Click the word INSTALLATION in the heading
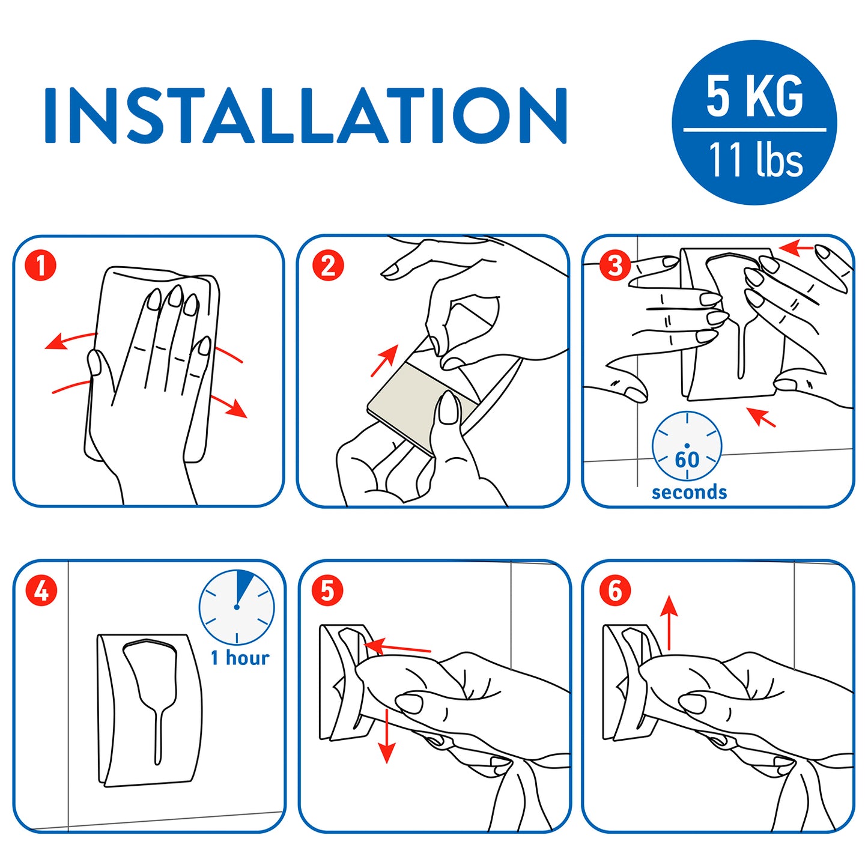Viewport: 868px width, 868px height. (x=305, y=115)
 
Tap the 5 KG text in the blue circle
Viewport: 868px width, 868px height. (x=754, y=96)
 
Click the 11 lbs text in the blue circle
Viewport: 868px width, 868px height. (x=756, y=159)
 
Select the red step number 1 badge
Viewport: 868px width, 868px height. (x=41, y=266)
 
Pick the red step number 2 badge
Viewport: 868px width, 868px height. (x=328, y=266)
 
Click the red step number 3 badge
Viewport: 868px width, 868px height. (x=615, y=266)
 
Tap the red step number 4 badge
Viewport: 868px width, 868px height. (x=41, y=590)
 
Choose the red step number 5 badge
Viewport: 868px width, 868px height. (x=327, y=590)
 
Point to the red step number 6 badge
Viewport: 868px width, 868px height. (x=615, y=590)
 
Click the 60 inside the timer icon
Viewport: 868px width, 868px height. (x=687, y=460)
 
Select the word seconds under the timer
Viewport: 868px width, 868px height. (x=689, y=493)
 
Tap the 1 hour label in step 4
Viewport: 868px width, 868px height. (x=240, y=658)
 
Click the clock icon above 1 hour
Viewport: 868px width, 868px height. (x=237, y=607)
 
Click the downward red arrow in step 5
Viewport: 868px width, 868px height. (x=386, y=736)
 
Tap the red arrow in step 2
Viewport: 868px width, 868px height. (x=384, y=361)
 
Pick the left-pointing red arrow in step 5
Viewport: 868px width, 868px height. (x=397, y=648)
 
